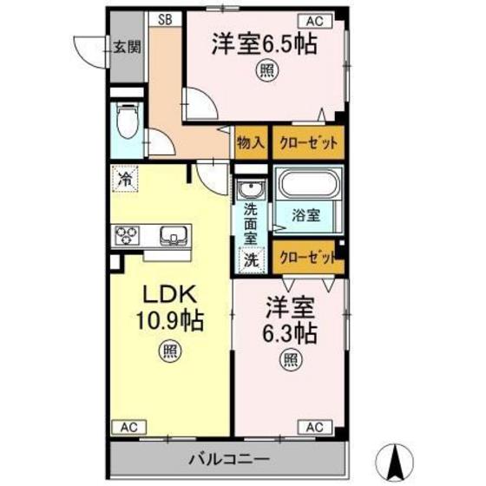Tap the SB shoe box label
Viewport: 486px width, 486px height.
pos(164,17)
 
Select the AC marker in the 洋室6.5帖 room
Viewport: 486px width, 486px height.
pos(313,18)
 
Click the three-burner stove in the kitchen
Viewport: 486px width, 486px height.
pos(127,234)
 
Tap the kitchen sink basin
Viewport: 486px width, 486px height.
pos(171,234)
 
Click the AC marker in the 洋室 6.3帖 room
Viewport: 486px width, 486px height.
pos(312,425)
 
